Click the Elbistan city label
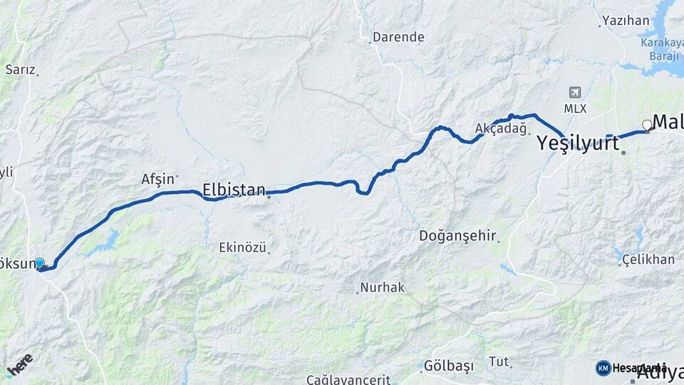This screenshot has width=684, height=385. pos(234,190)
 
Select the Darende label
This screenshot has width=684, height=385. pos(398,37)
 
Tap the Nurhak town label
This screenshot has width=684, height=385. pos(382,287)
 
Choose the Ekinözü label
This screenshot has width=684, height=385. pos(242,248)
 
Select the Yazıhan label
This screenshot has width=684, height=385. pos(626,21)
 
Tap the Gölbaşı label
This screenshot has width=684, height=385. pos(448,366)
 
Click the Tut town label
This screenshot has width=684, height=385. pos(499,361)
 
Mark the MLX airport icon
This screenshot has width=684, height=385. pos(575,93)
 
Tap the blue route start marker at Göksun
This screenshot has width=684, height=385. pos(40,263)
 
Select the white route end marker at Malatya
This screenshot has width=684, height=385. pos(647,125)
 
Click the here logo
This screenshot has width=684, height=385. pos(19,365)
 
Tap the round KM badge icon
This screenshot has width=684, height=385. pos(603,368)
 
